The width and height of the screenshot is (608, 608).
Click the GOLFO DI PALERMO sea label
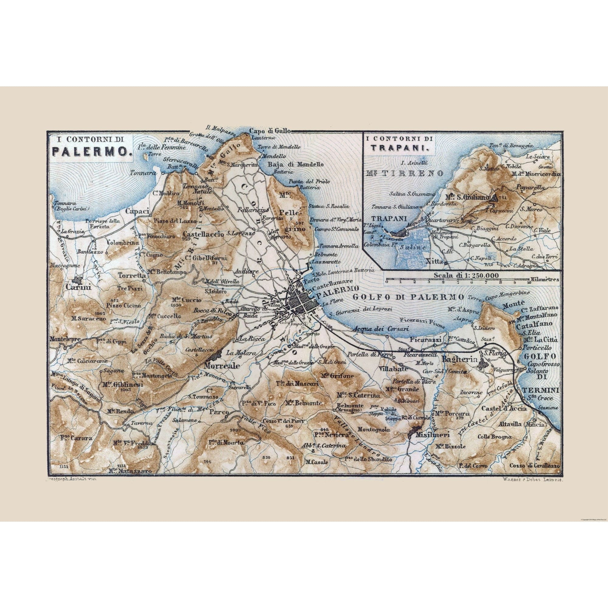point(409,297)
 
